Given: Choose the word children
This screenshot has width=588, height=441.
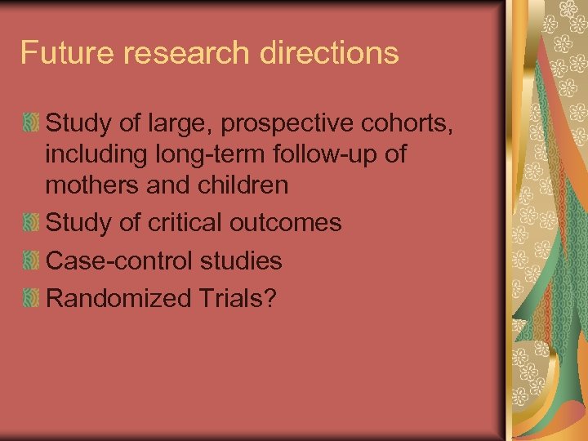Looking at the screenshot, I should (x=244, y=185).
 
